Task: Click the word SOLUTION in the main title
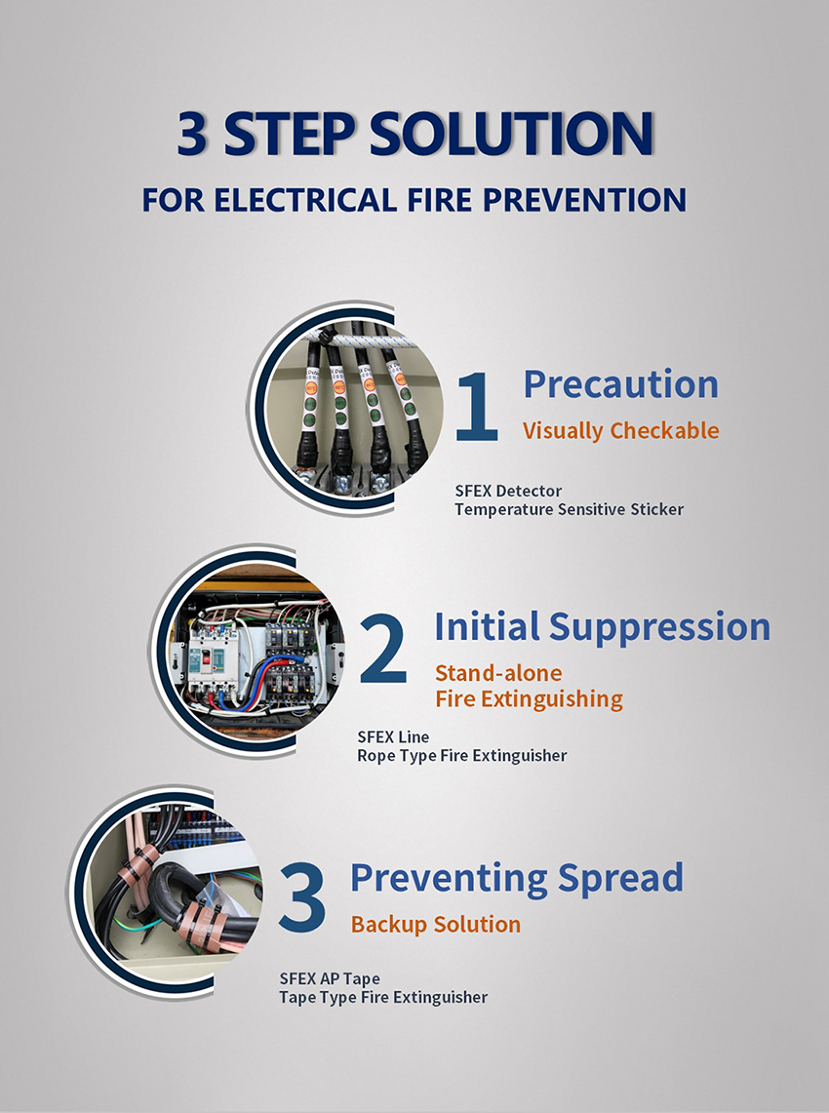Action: click(511, 133)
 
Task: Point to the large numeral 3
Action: click(301, 898)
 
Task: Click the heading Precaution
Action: click(621, 384)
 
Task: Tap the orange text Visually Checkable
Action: click(621, 431)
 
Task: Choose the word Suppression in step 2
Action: click(659, 627)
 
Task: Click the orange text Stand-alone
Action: click(498, 673)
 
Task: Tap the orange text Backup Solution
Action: click(436, 924)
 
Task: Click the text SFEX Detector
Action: click(508, 491)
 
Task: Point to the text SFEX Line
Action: click(393, 736)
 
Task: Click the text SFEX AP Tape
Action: click(330, 978)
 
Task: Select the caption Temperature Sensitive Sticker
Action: click(570, 509)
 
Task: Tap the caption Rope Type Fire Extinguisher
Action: click(462, 756)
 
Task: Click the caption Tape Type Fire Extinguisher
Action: click(383, 997)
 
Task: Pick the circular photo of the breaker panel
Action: click(256, 650)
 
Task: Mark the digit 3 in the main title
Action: click(191, 133)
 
